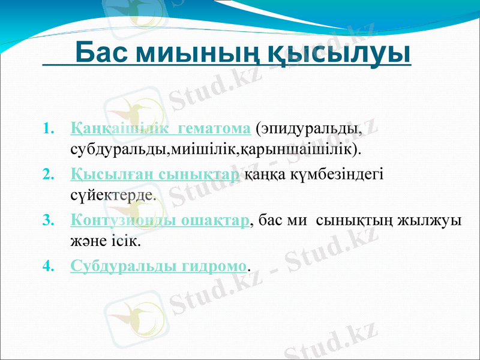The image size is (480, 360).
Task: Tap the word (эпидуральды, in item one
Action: (308, 128)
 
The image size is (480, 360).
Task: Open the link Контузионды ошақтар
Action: (160, 221)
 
